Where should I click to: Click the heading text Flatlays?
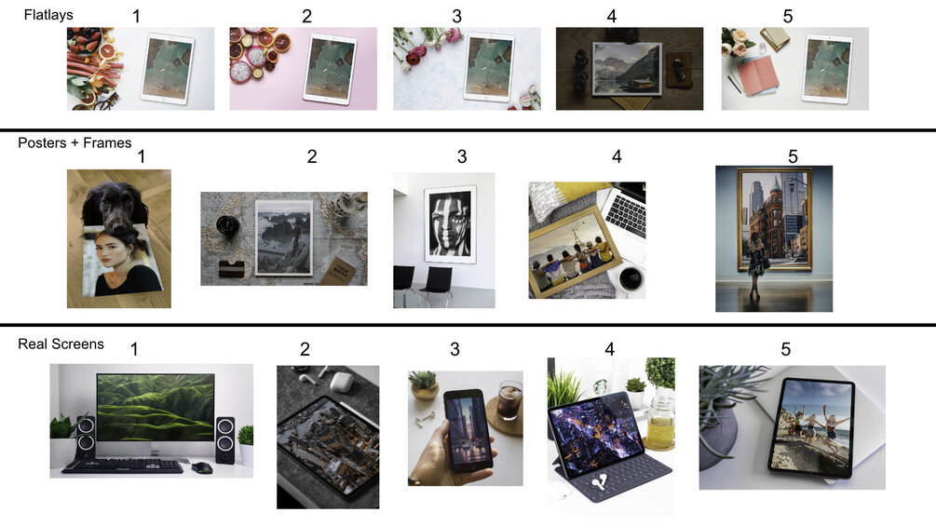click(48, 15)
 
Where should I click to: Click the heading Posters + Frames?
click(75, 143)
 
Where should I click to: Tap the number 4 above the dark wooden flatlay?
click(612, 17)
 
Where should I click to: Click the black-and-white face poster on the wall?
click(450, 224)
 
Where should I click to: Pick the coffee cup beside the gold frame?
click(630, 278)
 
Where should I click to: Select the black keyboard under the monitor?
click(122, 465)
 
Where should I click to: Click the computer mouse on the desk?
click(203, 467)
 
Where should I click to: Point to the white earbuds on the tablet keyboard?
click(601, 480)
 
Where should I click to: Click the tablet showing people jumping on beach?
click(812, 427)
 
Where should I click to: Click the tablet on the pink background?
click(330, 69)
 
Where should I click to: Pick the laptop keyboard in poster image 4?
click(624, 213)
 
